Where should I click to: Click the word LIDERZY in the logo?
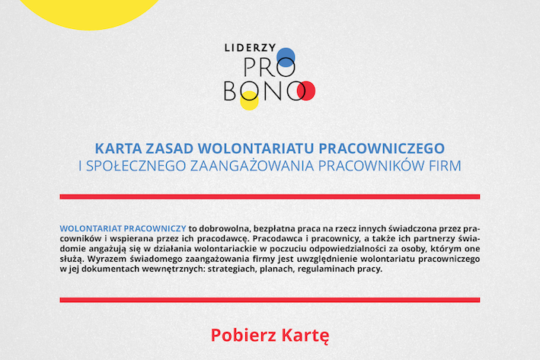(251, 47)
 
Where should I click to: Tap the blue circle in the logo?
(286, 57)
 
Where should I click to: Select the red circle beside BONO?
(306, 91)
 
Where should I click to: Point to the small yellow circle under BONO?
(249, 100)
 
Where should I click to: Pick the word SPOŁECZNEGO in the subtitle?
(136, 166)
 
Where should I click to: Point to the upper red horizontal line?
(270, 196)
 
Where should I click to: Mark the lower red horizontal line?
(270, 300)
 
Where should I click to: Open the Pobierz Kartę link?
(270, 335)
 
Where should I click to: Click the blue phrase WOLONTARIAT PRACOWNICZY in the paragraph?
(123, 228)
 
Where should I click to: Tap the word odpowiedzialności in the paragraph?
(345, 248)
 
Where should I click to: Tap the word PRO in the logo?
(269, 67)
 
